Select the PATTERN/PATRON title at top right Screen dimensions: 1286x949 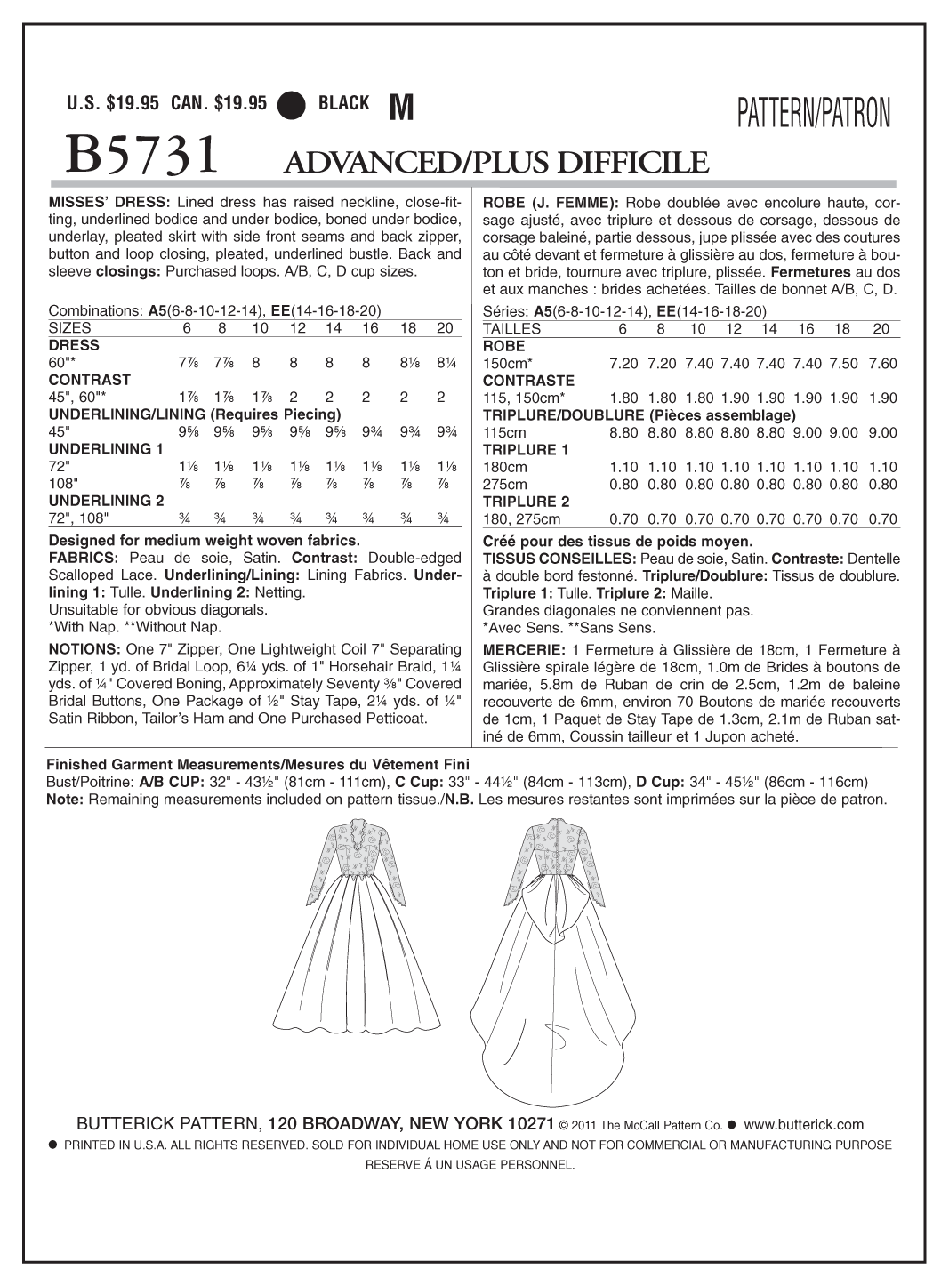click(812, 114)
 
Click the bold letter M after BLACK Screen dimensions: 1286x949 click(402, 107)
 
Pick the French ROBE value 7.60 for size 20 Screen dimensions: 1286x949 click(881, 364)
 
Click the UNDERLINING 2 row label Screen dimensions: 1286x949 click(106, 501)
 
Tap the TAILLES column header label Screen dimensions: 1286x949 click(511, 329)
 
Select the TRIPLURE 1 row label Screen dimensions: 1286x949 click(526, 450)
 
